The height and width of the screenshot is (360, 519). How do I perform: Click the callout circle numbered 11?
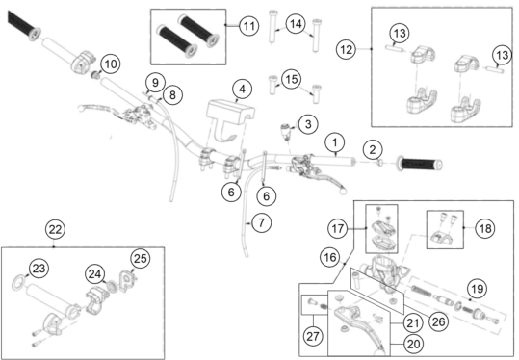click(x=248, y=25)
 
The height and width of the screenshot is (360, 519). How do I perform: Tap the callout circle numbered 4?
click(x=243, y=89)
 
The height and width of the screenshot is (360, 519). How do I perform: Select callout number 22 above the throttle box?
click(x=55, y=229)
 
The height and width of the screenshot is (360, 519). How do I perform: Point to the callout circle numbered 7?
click(x=262, y=222)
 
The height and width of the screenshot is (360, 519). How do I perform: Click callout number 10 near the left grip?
click(x=110, y=64)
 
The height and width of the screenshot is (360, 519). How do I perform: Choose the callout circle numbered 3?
click(x=308, y=124)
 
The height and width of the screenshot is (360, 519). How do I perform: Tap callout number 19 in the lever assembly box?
click(x=477, y=289)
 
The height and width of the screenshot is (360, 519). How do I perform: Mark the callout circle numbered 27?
click(x=313, y=336)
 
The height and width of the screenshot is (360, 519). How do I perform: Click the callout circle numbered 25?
click(x=140, y=258)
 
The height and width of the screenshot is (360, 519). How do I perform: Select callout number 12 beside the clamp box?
click(x=347, y=50)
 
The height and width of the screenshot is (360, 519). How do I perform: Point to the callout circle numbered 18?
click(x=485, y=228)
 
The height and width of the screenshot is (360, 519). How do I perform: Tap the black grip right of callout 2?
click(x=420, y=165)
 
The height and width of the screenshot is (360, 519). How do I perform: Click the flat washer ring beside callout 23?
click(x=18, y=283)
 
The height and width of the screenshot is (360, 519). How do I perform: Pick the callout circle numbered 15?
click(x=291, y=79)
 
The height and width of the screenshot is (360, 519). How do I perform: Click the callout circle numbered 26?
click(x=438, y=321)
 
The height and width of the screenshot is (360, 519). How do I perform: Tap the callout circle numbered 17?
click(x=338, y=229)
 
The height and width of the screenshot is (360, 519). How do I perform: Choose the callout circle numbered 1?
click(x=335, y=142)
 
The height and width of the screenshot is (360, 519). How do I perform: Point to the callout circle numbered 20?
click(x=413, y=345)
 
